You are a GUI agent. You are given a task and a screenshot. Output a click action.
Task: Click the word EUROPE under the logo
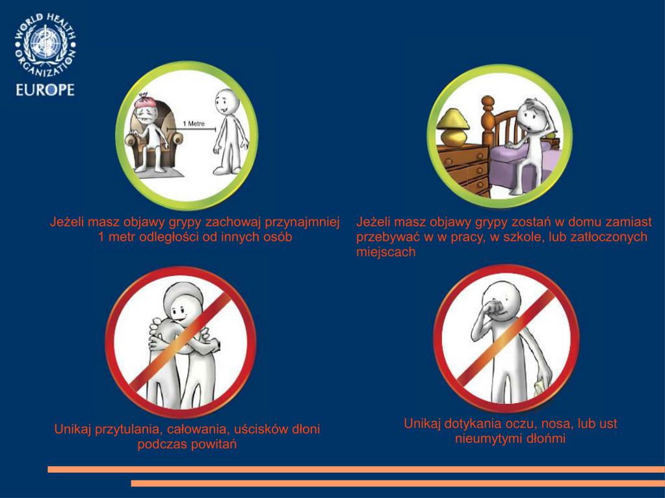click(x=45, y=90)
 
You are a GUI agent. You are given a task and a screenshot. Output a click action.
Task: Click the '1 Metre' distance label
click(x=194, y=123)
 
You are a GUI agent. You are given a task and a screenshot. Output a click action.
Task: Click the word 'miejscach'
click(x=385, y=252)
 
